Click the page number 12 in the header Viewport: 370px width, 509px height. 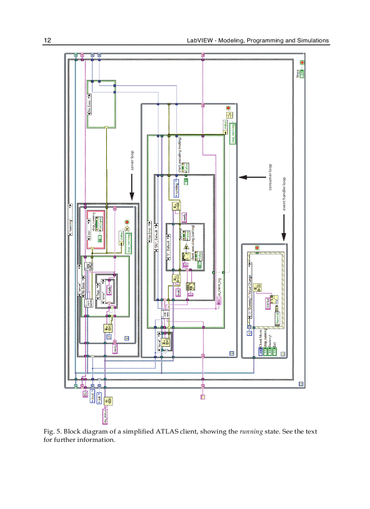(47, 40)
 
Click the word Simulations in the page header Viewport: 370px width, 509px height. (313, 40)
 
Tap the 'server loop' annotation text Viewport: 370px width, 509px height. (132, 160)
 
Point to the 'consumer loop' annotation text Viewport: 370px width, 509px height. (270, 177)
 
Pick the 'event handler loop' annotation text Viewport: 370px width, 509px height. (284, 194)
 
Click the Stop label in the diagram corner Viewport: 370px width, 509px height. (297, 73)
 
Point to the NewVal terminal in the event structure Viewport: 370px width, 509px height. (277, 319)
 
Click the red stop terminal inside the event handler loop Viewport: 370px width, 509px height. (257, 248)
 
